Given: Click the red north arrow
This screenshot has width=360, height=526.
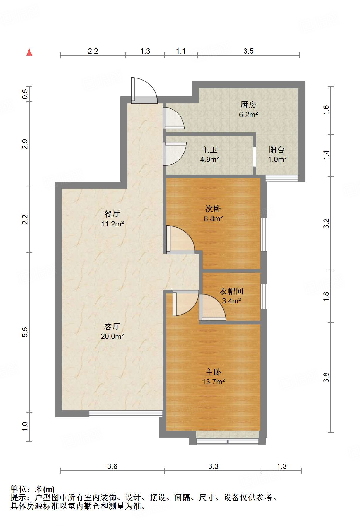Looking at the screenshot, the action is pos(29,52).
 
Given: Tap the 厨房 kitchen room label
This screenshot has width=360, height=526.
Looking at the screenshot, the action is pos(248,105).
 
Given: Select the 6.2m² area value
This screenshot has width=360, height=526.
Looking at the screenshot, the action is pos(248,115).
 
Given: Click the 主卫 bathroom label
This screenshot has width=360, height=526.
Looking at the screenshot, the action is pos(209,150).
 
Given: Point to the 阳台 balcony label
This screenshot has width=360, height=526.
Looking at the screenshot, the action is pos(277,150).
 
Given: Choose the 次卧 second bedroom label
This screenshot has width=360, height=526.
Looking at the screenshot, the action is pos(213,209).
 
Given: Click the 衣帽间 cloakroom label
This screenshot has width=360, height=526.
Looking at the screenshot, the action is pos(231,291).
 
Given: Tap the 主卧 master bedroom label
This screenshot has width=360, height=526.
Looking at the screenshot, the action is pos(213,372).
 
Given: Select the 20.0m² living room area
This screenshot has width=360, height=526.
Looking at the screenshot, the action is pos(112,336).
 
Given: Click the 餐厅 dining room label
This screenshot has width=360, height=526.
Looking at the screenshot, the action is pos(112,214).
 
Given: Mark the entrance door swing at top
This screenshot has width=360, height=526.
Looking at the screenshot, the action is pos(144,90).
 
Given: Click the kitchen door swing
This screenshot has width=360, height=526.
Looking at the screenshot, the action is pos(173,118).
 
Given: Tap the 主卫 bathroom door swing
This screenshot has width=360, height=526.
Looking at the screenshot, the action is pos(175,154).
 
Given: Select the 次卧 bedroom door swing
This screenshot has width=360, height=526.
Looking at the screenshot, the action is pos(180,240).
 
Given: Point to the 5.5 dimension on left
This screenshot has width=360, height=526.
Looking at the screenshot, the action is pos(25,332).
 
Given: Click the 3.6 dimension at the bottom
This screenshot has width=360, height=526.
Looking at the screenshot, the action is pos(112,466).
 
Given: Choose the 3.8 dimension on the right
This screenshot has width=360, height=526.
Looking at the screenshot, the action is pos(326,377).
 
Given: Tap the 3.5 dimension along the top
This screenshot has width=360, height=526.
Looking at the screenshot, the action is pos(248,51).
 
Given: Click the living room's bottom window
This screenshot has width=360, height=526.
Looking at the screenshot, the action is pos(125,414).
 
